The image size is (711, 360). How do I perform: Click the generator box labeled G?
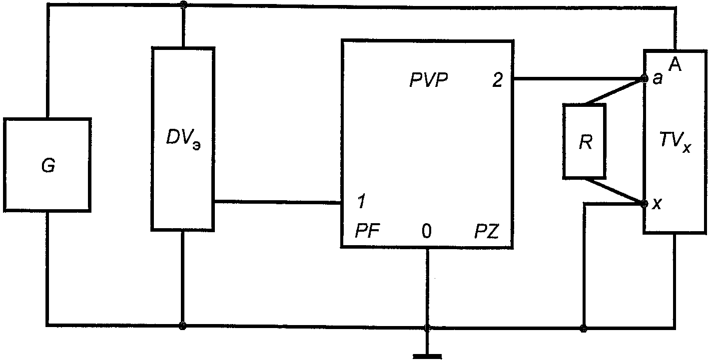coord(47,165)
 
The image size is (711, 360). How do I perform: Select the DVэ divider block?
coord(183,139)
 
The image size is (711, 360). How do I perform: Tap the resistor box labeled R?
coord(584,141)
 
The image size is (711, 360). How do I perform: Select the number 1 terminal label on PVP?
coord(361,203)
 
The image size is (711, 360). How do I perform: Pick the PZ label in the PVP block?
coord(486,232)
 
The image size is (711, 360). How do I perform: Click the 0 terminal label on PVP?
coord(426,232)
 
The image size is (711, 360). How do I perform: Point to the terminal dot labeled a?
coord(644,79)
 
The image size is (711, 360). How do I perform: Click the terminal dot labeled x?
coord(644,203)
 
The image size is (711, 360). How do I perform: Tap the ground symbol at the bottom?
coord(427,356)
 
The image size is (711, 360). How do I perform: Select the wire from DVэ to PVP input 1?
coord(278,202)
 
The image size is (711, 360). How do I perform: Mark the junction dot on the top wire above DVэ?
coord(183,5)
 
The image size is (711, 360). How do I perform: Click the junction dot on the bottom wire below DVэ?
coord(183,326)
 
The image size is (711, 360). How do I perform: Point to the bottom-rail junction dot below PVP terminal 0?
coord(427,328)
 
